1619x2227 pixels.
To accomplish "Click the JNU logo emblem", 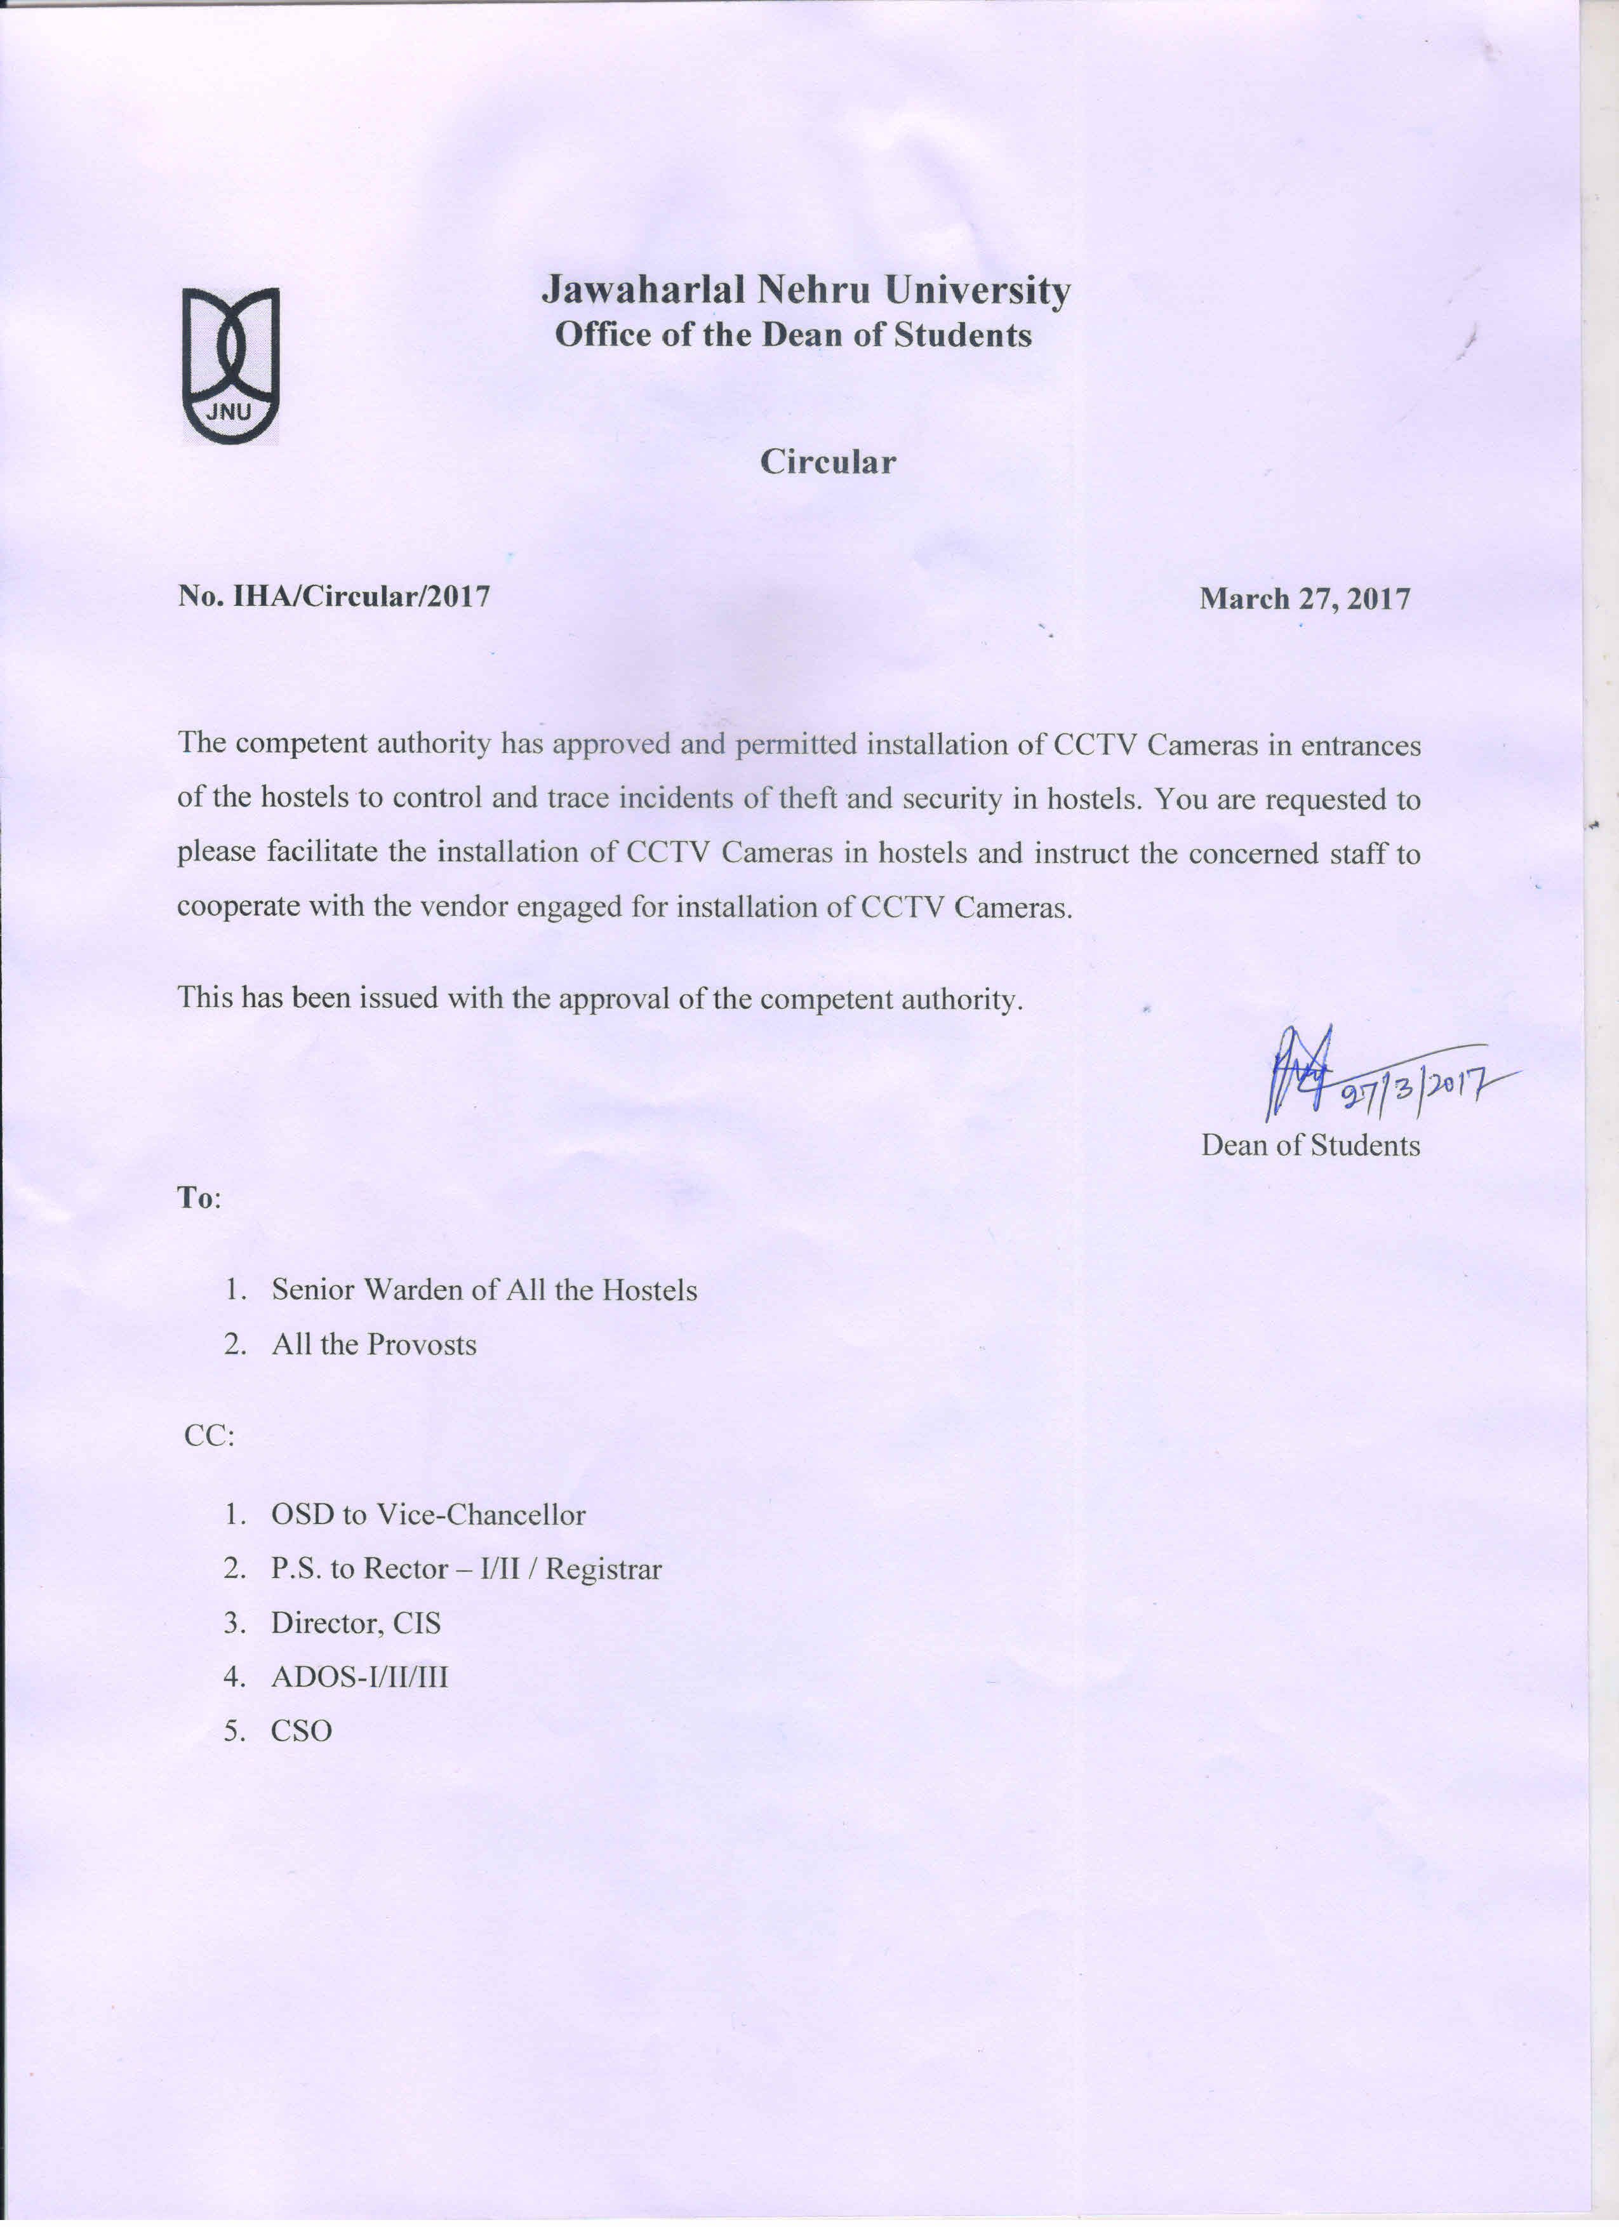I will [x=230, y=365].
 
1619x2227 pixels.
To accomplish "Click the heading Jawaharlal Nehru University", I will [x=806, y=291].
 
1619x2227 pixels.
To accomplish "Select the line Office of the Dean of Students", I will [x=793, y=335].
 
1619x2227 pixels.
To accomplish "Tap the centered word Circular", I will [x=828, y=462].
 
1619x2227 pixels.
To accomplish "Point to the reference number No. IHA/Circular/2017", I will [x=334, y=596].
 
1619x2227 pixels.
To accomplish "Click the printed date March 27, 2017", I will [x=1305, y=598].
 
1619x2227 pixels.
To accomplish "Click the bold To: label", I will [x=198, y=1198].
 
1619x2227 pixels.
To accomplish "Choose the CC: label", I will [x=209, y=1436].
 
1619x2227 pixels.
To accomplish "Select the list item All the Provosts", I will [x=374, y=1344].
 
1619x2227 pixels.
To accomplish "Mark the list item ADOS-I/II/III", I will [x=359, y=1676].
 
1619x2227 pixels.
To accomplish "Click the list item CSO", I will [x=302, y=1730].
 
